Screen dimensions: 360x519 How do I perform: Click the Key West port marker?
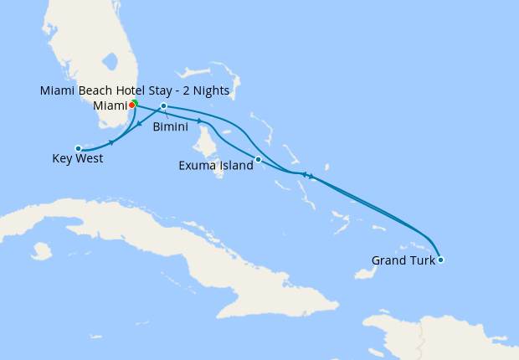tap(78, 148)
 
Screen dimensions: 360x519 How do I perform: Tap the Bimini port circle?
tap(164, 106)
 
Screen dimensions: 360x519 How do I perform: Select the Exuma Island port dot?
tap(258, 159)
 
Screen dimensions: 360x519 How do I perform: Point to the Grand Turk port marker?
tap(440, 260)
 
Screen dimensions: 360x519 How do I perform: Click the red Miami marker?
tap(132, 105)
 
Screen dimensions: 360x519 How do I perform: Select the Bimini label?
tap(170, 126)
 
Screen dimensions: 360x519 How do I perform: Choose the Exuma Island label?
tap(216, 166)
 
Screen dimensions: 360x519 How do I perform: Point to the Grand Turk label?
tap(403, 260)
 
